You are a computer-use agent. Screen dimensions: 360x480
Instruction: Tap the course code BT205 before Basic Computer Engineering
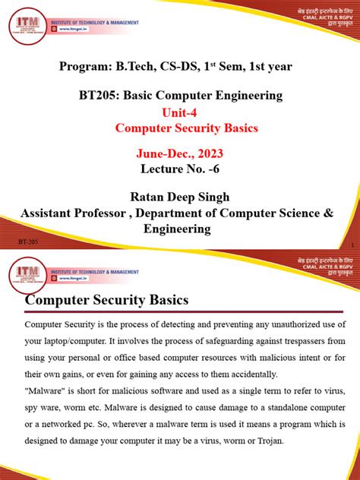click(x=99, y=96)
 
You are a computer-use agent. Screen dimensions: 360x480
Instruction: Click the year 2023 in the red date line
click(x=205, y=154)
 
